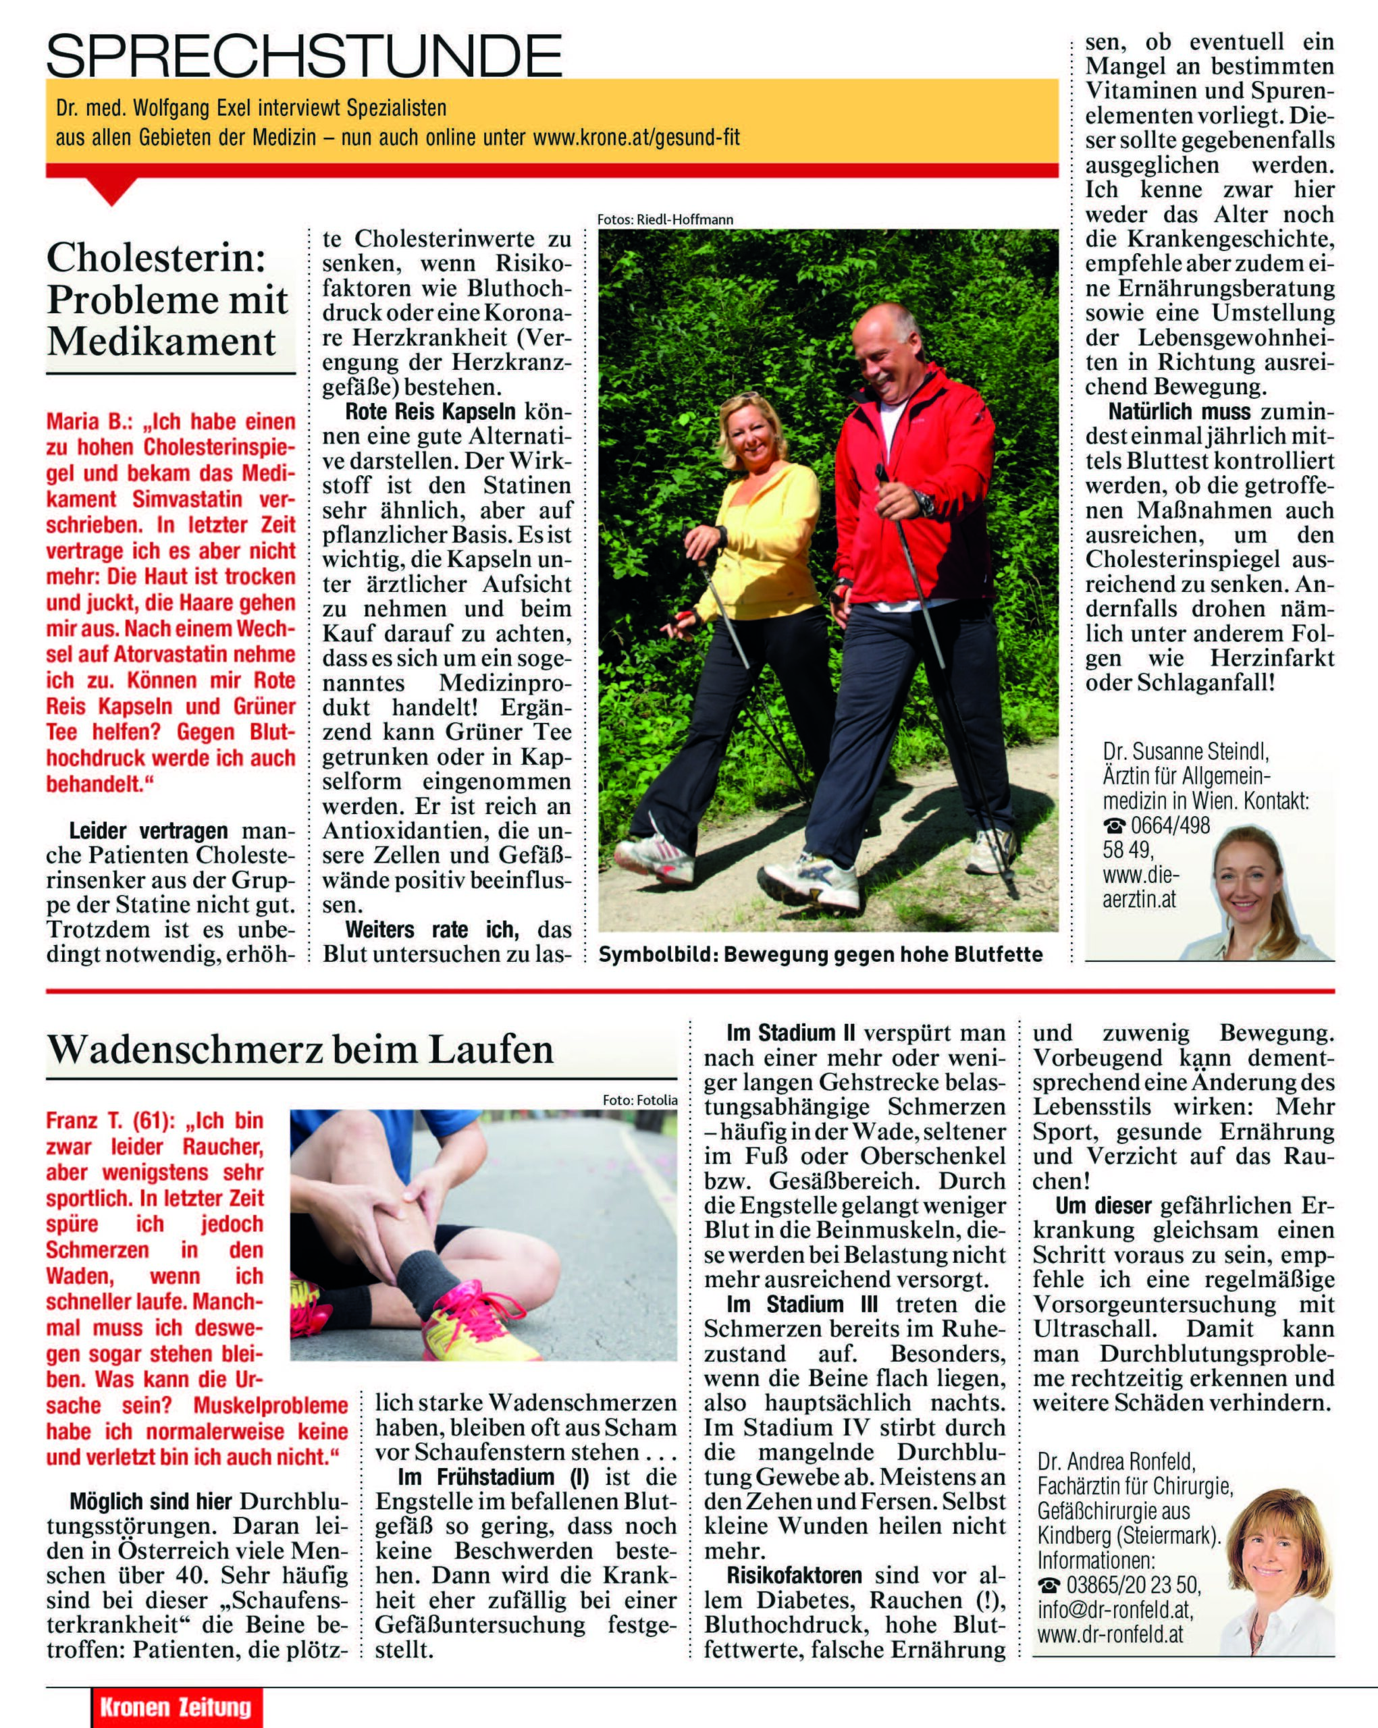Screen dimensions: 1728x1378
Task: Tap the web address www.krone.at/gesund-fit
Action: click(x=636, y=138)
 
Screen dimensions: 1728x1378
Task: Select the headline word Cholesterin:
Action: click(x=157, y=257)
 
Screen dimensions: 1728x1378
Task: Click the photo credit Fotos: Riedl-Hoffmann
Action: click(x=664, y=219)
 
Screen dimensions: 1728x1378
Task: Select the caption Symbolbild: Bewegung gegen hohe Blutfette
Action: click(x=820, y=954)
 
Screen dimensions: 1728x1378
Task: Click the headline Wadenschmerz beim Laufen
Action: click(x=300, y=1049)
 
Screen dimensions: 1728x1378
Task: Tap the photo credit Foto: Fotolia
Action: click(x=639, y=1100)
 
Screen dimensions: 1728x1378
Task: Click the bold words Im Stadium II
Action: click(x=791, y=1032)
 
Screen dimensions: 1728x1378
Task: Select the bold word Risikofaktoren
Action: click(x=793, y=1575)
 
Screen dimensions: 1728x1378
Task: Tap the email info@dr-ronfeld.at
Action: click(x=1114, y=1610)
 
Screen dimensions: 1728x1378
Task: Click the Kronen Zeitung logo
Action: click(x=176, y=1707)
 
